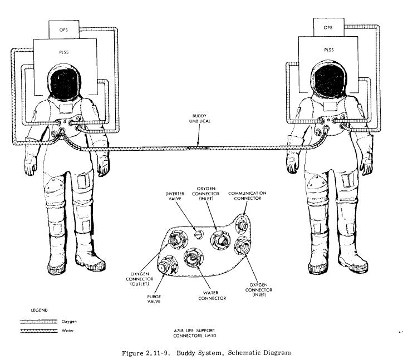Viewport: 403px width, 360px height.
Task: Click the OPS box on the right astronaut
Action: [328, 27]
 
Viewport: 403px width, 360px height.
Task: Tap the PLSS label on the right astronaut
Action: [328, 50]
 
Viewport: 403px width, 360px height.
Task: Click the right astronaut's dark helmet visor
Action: [328, 80]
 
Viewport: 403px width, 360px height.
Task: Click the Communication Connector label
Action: [248, 195]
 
